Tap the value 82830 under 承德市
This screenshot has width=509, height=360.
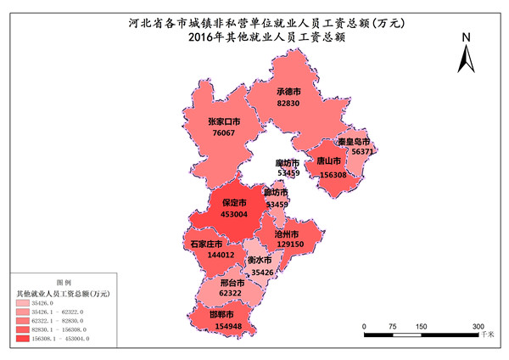(289, 103)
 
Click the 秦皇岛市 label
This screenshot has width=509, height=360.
(353, 141)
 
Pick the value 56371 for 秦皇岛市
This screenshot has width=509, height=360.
(363, 151)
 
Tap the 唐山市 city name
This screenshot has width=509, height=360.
(328, 160)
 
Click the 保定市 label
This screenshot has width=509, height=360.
(234, 204)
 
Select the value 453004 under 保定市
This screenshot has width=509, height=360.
(234, 215)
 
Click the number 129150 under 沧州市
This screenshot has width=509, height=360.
(289, 244)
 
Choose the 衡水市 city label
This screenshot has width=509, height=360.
(259, 261)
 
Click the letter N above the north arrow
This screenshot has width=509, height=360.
(466, 38)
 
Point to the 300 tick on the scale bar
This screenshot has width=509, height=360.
(478, 326)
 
